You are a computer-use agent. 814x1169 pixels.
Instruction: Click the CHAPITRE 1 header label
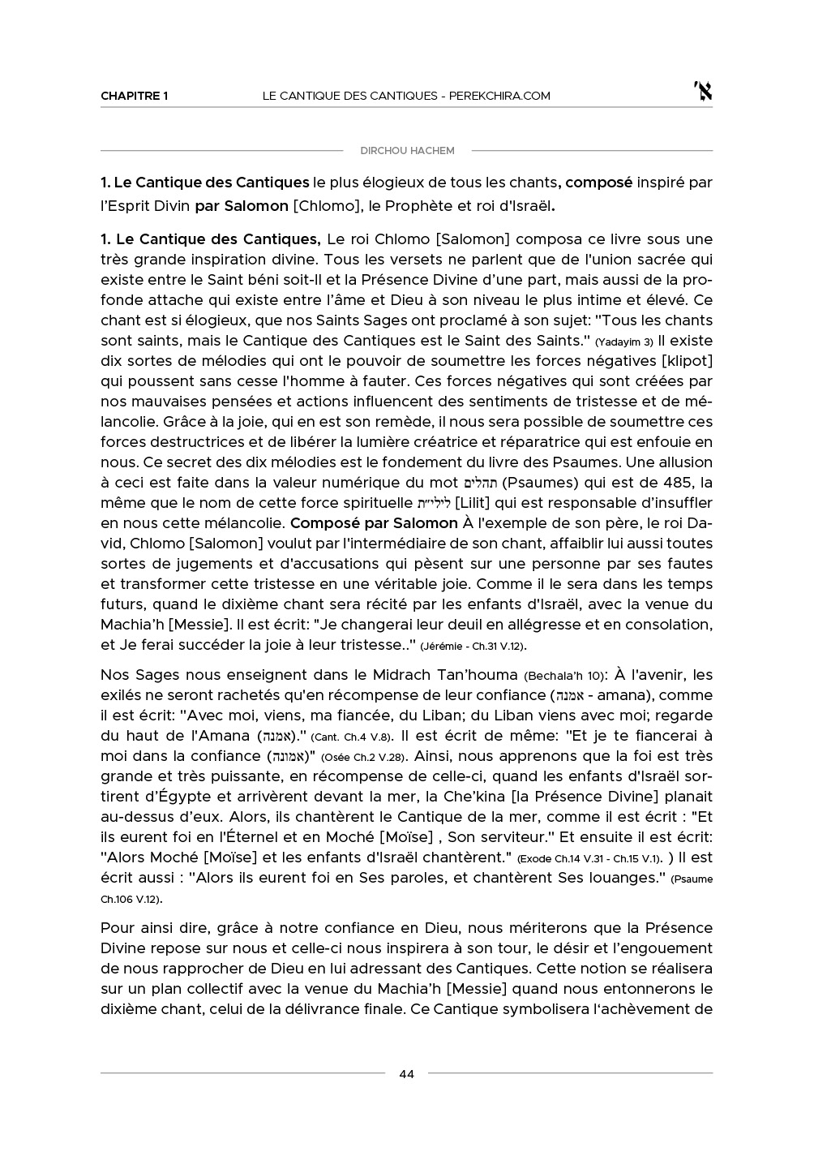(134, 96)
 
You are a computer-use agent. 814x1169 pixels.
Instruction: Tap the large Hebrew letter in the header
(703, 92)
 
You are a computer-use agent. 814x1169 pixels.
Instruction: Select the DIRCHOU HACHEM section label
(407, 151)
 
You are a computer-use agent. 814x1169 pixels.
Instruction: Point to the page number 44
(407, 1074)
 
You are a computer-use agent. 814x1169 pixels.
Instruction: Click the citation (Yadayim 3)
(623, 342)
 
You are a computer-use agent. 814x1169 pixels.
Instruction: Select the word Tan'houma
(478, 675)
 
